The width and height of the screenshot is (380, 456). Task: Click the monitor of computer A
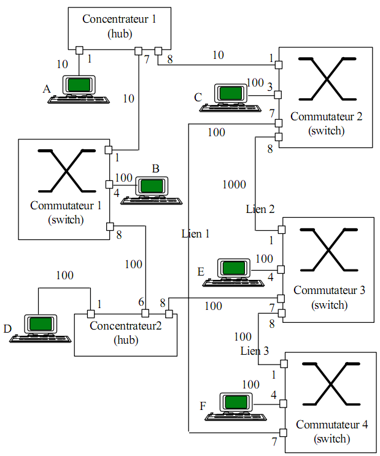point(79,85)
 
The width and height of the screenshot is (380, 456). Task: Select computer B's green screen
point(152,186)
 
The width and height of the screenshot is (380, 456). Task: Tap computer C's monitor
point(231,93)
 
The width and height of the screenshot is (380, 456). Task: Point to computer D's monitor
point(41,323)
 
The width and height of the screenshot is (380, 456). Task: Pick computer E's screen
point(234,268)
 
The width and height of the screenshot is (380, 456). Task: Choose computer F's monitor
point(236,402)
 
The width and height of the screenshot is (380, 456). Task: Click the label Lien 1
point(196,234)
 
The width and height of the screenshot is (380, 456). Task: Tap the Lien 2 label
point(260,209)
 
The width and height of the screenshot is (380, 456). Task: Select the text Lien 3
point(255,350)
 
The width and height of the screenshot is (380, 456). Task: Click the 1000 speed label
point(235,184)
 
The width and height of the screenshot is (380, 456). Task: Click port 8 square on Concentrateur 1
point(158,51)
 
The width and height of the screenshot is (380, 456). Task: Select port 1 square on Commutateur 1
point(109,150)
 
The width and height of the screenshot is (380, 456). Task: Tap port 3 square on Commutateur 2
point(278,95)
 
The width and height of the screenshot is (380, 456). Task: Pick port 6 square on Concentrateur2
point(145,314)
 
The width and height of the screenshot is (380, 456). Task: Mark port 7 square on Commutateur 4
point(283,433)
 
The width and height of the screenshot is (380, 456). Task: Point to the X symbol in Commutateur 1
point(67,171)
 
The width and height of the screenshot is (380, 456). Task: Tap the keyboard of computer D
point(40,339)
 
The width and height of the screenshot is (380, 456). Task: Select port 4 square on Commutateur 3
point(281,270)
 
